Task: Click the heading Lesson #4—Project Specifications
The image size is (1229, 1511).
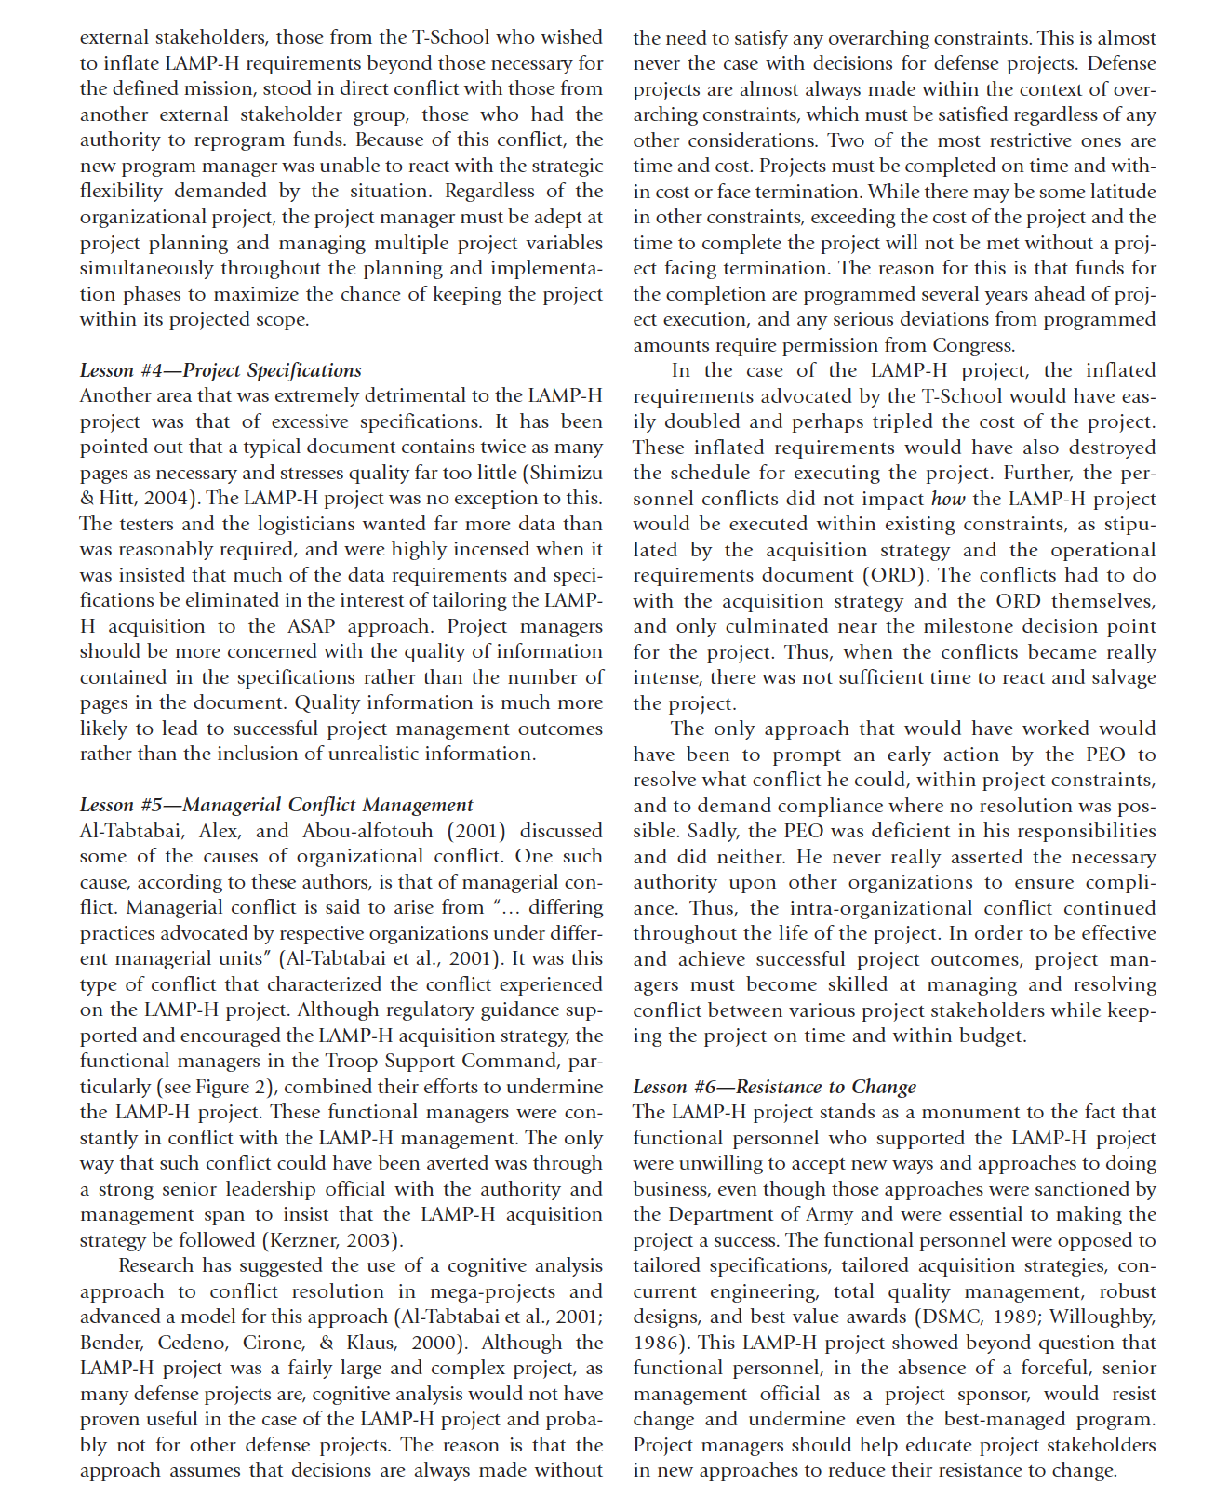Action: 220,370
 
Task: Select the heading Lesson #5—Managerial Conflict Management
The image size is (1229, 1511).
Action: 276,805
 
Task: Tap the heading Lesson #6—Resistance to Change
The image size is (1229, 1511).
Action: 774,1087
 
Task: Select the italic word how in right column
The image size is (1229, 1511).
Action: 948,499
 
